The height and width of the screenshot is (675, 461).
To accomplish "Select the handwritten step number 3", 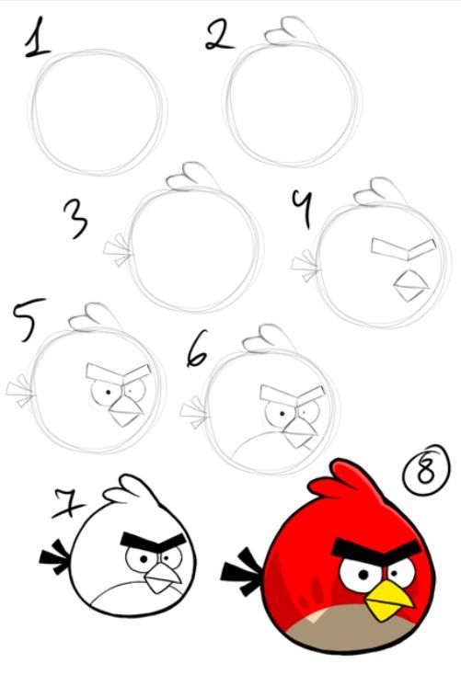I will coord(76,220).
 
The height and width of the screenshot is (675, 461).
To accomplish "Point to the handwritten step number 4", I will coord(300,209).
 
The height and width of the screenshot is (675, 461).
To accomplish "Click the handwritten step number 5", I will coord(25,321).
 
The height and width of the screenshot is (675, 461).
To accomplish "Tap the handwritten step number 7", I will coord(65,503).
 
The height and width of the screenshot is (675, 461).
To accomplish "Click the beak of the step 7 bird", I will coord(165,578).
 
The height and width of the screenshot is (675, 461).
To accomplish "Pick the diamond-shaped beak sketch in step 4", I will coord(407,285).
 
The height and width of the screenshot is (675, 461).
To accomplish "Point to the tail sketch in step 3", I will coord(117,250).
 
